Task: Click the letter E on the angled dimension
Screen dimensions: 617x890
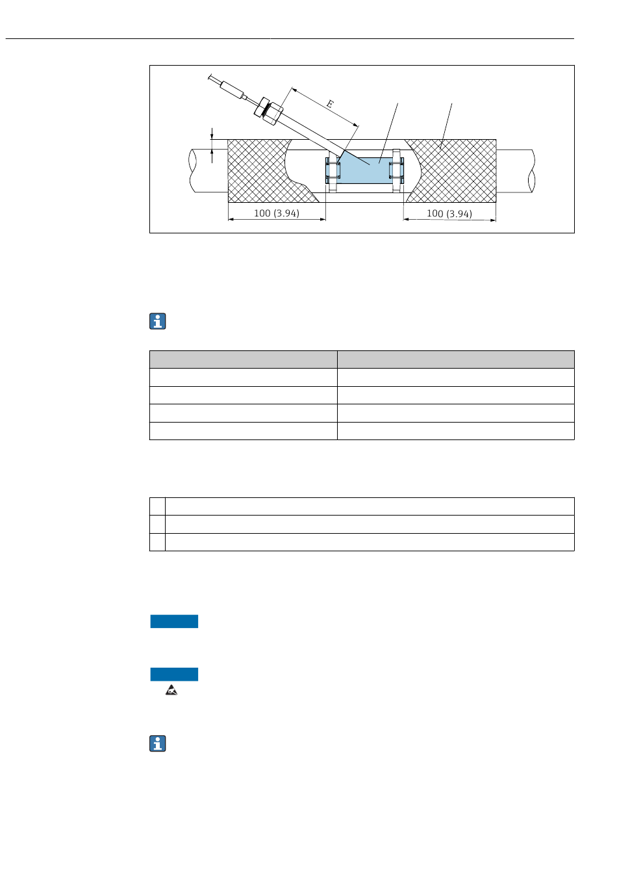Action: tap(330, 104)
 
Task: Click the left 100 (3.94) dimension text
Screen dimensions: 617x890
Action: tap(277, 213)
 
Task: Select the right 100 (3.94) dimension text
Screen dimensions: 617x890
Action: tap(449, 213)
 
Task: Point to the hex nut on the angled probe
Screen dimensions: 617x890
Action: tap(268, 109)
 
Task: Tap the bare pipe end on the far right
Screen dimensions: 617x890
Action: tap(516, 171)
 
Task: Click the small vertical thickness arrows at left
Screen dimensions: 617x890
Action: tap(212, 144)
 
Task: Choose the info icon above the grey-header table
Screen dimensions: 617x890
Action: tap(158, 321)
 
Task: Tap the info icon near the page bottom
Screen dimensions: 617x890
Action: tap(158, 744)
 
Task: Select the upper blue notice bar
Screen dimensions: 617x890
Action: tap(174, 622)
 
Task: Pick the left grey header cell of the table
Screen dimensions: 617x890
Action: tap(244, 360)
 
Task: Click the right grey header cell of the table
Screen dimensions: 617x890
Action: tap(455, 360)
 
